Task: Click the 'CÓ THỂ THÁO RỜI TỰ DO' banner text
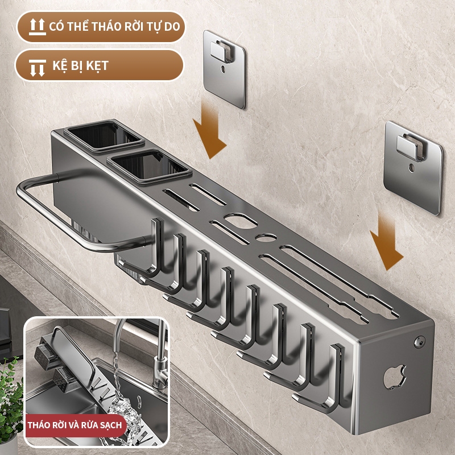(115, 26)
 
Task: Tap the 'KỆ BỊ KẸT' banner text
(80, 65)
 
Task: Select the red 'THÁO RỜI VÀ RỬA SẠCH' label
(75, 425)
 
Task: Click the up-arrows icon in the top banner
(37, 27)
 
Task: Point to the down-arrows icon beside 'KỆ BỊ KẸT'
(38, 68)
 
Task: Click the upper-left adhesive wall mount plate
(224, 69)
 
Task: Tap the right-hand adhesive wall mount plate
(413, 168)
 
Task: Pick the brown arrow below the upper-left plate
(209, 131)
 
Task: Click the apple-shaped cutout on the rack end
(395, 377)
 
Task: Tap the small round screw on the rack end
(419, 342)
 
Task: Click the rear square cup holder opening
(105, 136)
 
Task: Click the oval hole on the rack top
(241, 221)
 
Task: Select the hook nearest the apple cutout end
(319, 380)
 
